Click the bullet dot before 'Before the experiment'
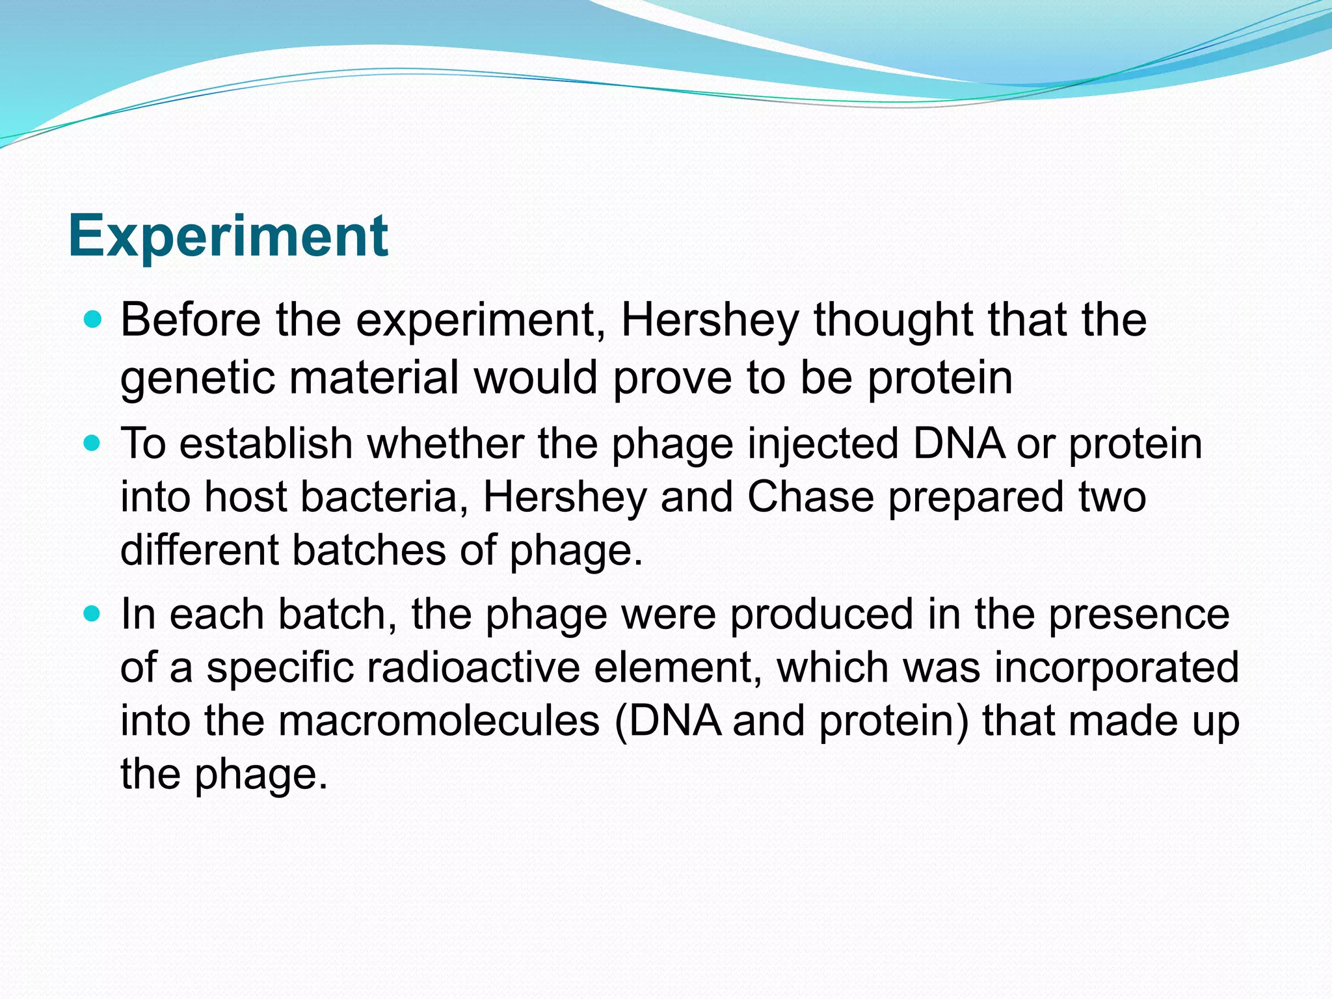[x=94, y=319]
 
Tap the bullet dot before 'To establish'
[x=94, y=444]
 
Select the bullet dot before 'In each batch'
[x=94, y=614]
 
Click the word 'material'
[x=374, y=378]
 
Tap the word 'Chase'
[x=810, y=497]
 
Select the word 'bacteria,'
[x=384, y=497]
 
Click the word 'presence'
[x=1139, y=615]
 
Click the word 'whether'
[x=445, y=444]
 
